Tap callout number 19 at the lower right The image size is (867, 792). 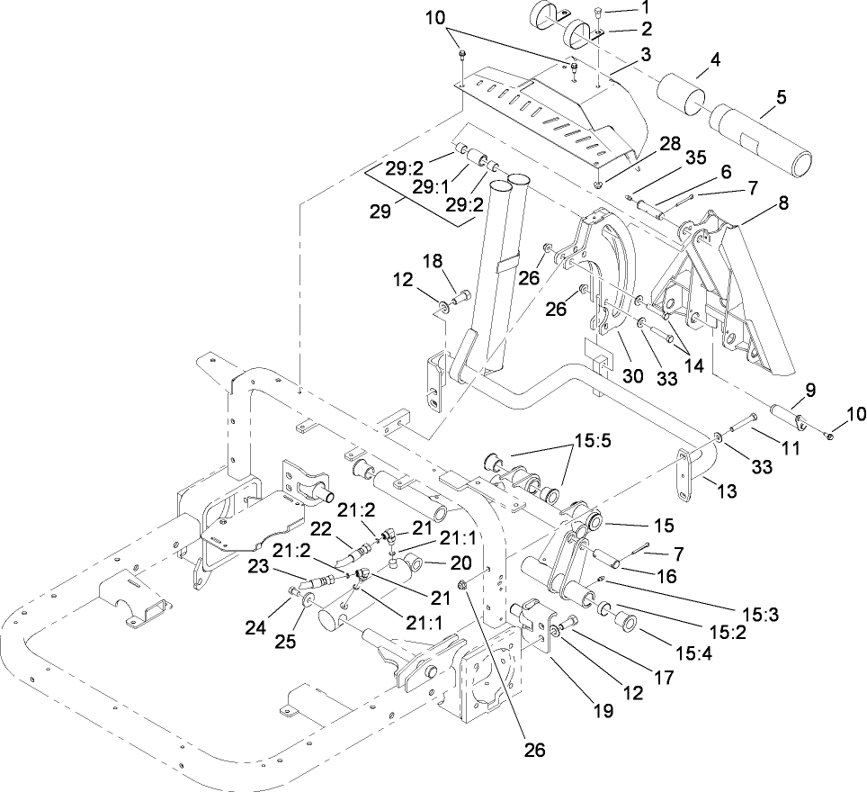coord(602,710)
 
